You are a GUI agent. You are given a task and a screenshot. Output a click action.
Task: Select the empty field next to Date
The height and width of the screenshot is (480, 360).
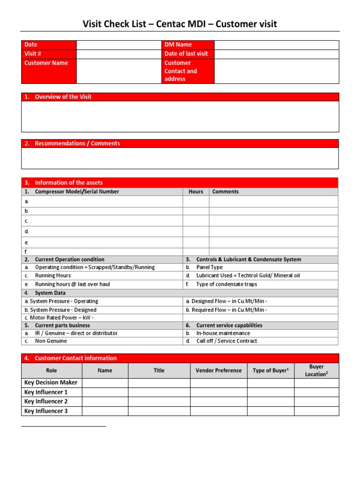[x=119, y=45]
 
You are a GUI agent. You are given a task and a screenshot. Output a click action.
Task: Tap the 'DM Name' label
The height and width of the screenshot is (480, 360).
[x=178, y=45]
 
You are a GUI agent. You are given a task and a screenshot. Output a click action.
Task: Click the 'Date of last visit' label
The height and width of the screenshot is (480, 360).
[x=186, y=54]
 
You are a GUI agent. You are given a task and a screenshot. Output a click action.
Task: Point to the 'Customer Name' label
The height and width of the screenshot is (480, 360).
[x=46, y=63]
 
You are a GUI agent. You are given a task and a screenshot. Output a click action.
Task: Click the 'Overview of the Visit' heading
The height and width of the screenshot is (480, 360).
[x=63, y=97]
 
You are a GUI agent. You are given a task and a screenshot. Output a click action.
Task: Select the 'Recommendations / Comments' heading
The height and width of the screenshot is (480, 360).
[x=77, y=144]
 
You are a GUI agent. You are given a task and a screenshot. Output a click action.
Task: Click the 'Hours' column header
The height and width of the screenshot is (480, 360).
[x=196, y=192]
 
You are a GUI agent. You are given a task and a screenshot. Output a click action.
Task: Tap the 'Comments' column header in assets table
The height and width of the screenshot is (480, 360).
[x=225, y=192]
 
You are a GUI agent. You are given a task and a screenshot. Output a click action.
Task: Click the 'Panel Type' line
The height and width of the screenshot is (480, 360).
[x=210, y=267]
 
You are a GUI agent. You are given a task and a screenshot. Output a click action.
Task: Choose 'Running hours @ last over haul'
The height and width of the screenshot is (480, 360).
[x=73, y=284]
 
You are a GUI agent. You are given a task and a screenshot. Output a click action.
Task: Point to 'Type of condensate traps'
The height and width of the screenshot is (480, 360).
[x=226, y=284]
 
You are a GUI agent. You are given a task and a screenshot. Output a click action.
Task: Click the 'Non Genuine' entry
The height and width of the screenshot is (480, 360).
[x=51, y=341]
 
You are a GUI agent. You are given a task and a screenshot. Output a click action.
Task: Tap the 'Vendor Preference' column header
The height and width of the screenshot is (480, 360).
[x=218, y=371]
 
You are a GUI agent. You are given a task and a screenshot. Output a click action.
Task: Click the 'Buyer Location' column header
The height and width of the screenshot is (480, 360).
[x=316, y=371]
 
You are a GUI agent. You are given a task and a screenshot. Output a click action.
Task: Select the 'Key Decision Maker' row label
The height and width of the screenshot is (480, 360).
[x=51, y=382]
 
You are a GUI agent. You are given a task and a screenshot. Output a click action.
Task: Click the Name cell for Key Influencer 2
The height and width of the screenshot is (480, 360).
[x=105, y=402]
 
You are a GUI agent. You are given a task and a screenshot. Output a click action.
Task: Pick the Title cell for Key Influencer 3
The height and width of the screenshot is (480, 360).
[x=159, y=411]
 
